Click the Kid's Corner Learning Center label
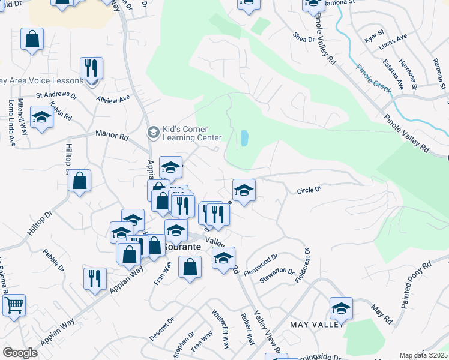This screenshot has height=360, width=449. point(188,133)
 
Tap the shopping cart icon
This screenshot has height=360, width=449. point(14,305)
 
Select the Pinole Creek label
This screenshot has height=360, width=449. point(372,78)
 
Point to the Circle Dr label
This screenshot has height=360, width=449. point(309,190)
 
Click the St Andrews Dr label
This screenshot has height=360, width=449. point(56,95)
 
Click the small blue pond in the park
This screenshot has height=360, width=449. point(244,139)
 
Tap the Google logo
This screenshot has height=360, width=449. point(20,353)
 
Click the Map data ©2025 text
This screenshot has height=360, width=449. point(424,355)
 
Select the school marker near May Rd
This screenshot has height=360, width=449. point(341,308)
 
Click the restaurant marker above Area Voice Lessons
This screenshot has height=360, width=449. point(91,68)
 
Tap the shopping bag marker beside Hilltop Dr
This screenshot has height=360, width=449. point(79,181)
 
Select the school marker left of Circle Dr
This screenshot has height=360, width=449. point(244,190)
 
